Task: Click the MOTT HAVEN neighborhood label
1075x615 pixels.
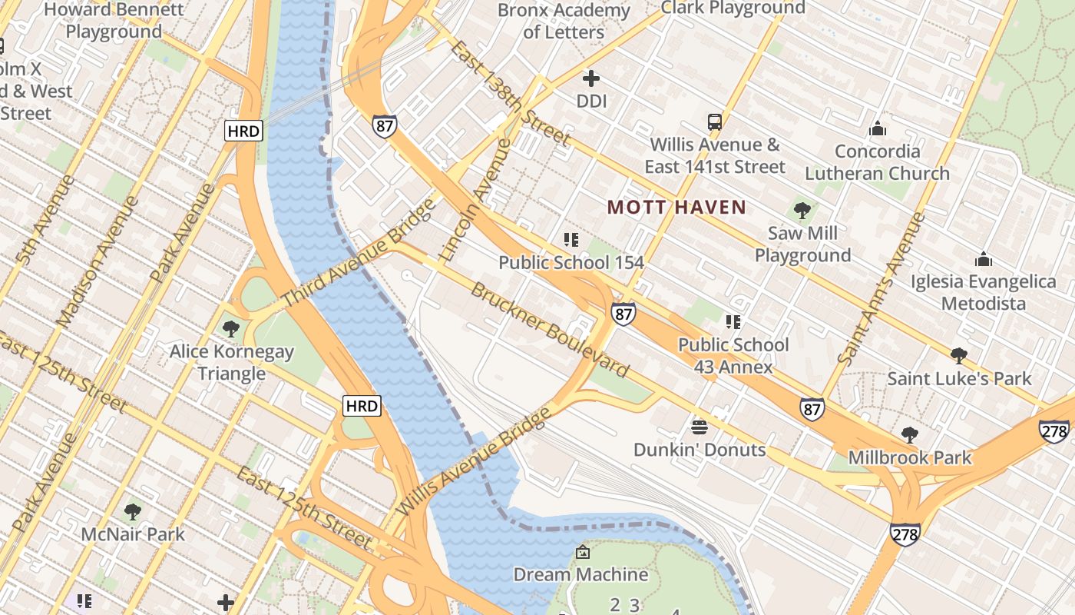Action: pyautogui.click(x=676, y=207)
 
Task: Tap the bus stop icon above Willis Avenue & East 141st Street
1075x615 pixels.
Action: pyautogui.click(x=714, y=122)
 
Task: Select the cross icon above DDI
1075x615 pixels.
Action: pyautogui.click(x=590, y=78)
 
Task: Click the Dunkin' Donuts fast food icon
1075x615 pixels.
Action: pyautogui.click(x=699, y=427)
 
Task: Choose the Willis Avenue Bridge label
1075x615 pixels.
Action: pyautogui.click(x=474, y=461)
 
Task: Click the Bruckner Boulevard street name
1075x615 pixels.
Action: pyautogui.click(x=549, y=330)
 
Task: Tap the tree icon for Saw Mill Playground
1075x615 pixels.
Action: pyautogui.click(x=802, y=210)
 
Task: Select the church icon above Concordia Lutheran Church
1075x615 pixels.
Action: pyautogui.click(x=877, y=128)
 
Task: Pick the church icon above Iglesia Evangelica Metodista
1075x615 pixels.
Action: pyautogui.click(x=983, y=259)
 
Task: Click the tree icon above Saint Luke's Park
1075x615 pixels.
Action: pyautogui.click(x=958, y=355)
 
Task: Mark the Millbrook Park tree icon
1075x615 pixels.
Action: pyautogui.click(x=909, y=435)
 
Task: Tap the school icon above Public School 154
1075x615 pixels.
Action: pyautogui.click(x=571, y=240)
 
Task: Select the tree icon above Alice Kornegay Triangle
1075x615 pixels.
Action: pyautogui.click(x=230, y=329)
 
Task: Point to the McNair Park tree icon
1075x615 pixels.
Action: pyautogui.click(x=133, y=511)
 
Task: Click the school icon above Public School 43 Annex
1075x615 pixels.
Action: pyautogui.click(x=733, y=322)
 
